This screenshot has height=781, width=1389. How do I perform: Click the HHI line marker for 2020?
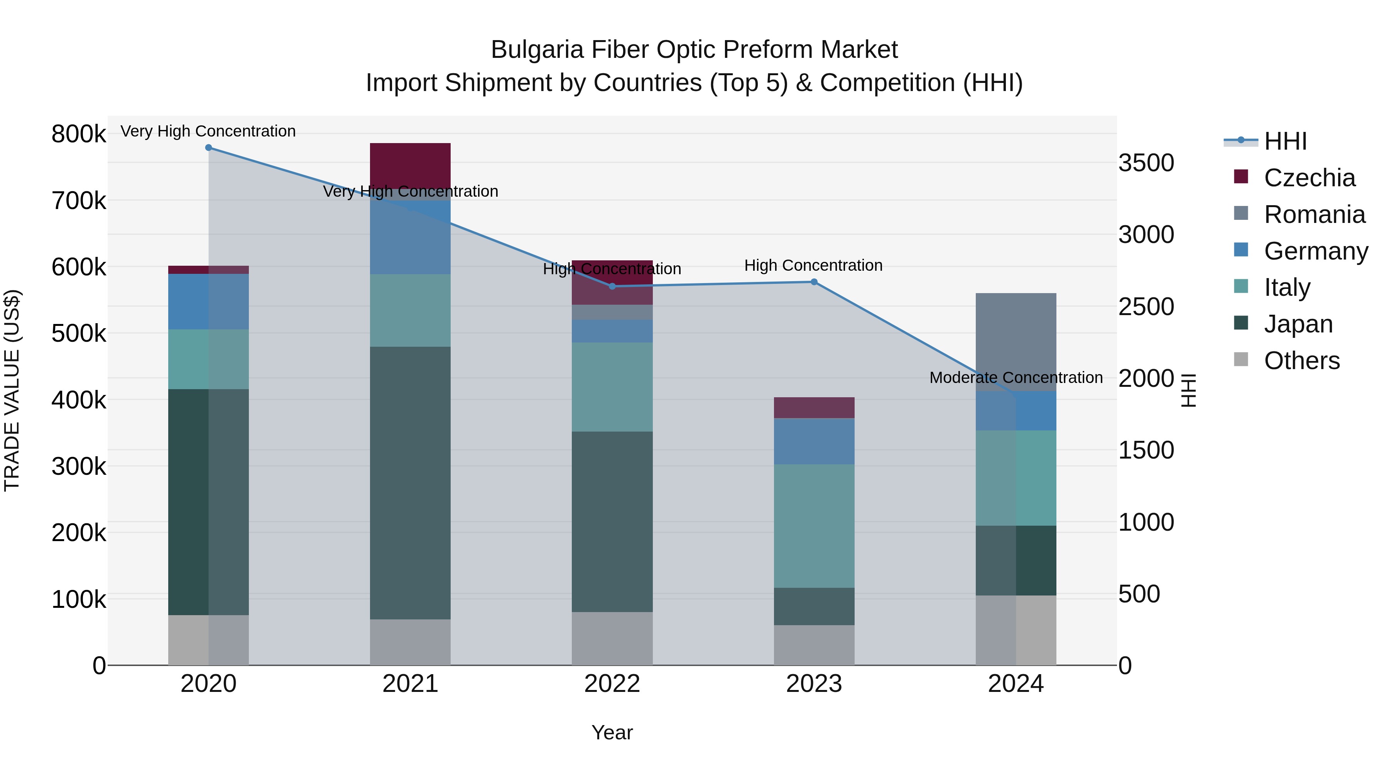209,148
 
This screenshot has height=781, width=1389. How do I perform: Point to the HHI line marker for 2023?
814,282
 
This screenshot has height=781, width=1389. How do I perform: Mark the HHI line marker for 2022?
612,286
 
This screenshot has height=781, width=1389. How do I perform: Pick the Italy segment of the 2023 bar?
814,526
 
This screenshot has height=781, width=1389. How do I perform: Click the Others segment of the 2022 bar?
612,638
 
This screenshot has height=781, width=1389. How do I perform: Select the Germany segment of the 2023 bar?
814,441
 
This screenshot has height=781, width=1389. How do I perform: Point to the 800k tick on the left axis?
79,134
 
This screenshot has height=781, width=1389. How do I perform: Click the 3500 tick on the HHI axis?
1146,163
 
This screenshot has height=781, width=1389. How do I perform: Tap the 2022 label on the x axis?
612,684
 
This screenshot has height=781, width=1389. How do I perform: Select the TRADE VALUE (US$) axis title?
12,390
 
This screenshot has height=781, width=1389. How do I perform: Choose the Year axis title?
612,732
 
